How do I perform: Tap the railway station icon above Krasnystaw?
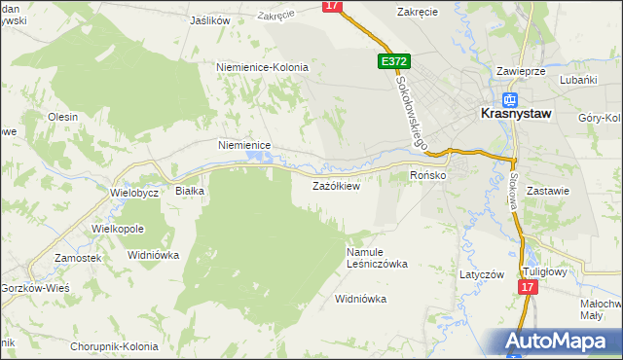[x=509, y=98]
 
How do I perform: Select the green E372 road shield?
[x=394, y=61]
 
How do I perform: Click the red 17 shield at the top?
[x=333, y=6]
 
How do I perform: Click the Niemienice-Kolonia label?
[x=262, y=68]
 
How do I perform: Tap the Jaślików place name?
[x=209, y=19]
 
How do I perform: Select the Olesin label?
[x=62, y=116]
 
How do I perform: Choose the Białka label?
[x=189, y=191]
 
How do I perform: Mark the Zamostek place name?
[x=78, y=257]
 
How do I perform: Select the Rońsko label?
[x=427, y=175]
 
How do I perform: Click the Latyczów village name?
[x=482, y=274]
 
